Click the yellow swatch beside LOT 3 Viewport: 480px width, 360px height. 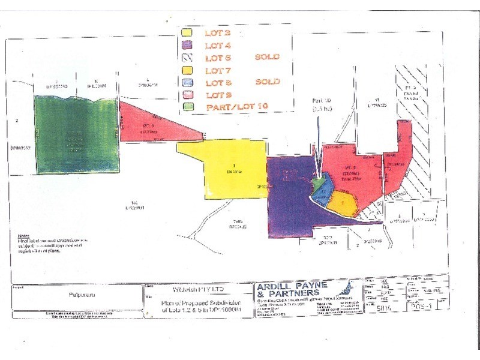click(x=187, y=32)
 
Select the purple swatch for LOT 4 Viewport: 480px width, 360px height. click(x=187, y=44)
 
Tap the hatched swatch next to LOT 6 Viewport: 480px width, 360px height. click(x=187, y=58)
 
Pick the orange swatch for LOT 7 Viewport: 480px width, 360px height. click(x=187, y=70)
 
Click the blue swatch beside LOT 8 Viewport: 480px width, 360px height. click(x=187, y=82)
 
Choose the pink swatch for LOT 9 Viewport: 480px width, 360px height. click(x=187, y=95)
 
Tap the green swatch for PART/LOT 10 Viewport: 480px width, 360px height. click(x=187, y=107)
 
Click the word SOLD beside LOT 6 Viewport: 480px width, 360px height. click(x=268, y=58)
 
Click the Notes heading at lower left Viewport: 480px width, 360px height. click(x=25, y=236)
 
